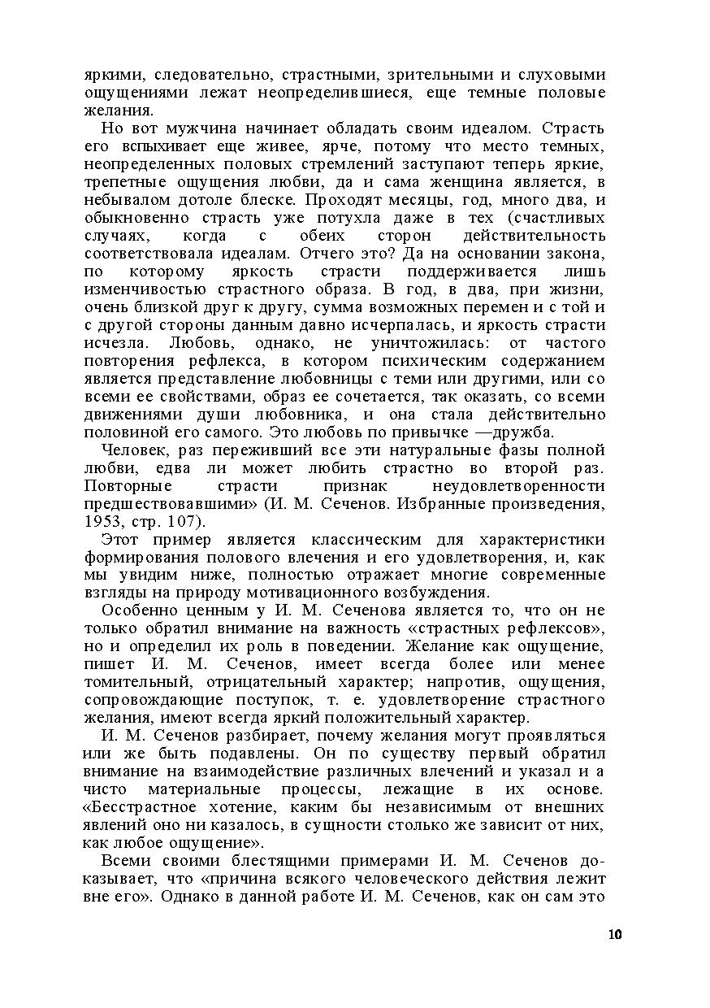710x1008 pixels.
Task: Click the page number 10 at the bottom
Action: pos(614,935)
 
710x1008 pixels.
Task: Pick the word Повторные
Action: pos(128,486)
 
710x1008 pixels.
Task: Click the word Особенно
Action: pos(139,610)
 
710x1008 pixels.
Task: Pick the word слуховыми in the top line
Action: pos(560,75)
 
